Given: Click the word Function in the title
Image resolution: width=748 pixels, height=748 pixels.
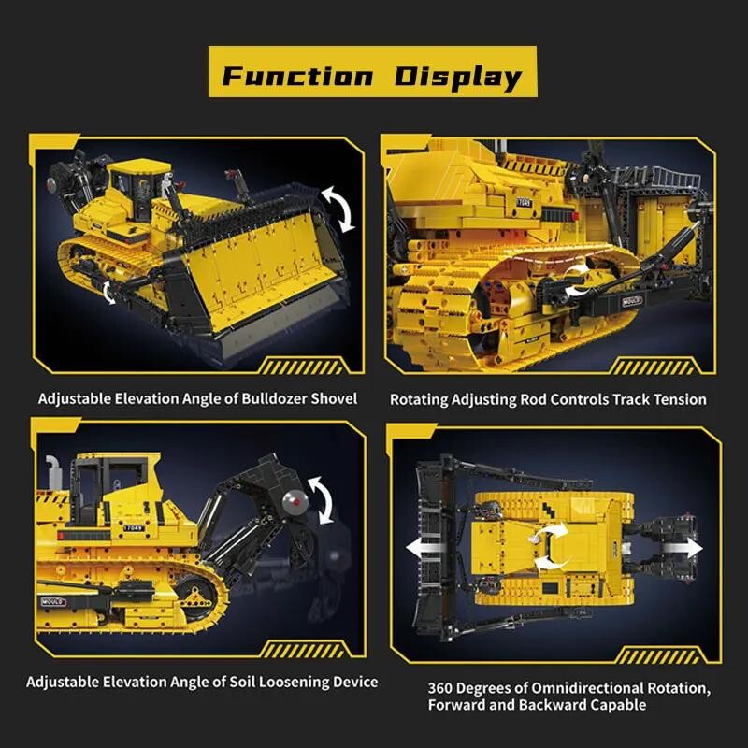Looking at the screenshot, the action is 296,77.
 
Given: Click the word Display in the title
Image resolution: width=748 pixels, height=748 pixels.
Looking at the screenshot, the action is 458,78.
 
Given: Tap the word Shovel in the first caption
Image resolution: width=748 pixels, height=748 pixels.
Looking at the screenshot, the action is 334,399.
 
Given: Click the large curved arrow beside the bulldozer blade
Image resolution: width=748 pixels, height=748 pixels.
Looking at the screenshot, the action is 339,209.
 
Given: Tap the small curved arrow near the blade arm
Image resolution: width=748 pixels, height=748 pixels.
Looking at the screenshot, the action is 108,293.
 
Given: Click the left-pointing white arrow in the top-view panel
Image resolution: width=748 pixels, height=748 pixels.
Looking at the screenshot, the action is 425,548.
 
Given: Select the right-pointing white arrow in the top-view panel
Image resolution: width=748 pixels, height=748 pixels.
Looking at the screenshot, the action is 683,548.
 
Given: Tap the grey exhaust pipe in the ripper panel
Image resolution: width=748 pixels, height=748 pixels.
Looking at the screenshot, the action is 53,468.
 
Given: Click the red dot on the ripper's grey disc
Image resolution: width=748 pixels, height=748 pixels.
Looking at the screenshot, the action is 295,503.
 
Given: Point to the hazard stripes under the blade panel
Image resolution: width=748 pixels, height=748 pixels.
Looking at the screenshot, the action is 301,367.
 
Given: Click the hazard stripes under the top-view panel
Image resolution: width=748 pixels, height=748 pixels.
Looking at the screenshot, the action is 658,656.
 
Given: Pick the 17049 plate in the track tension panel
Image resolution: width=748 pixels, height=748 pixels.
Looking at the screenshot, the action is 524,202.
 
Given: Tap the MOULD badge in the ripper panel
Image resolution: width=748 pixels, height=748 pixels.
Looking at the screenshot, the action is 53,602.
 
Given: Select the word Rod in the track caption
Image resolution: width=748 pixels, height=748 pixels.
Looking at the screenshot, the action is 529,399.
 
